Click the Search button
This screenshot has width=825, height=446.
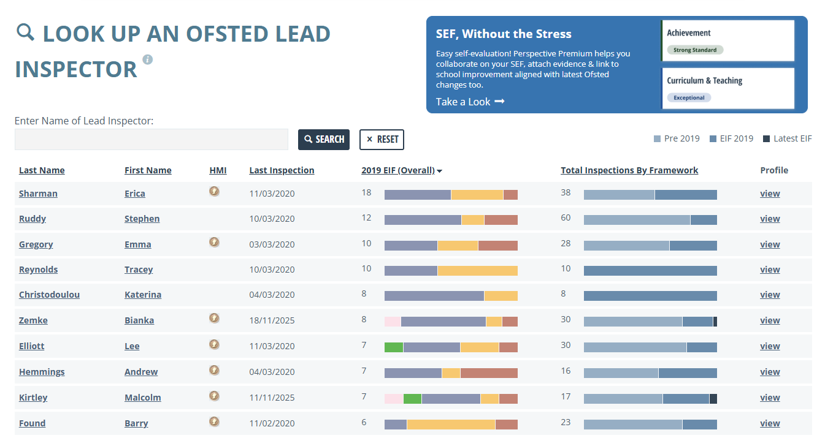(x=324, y=140)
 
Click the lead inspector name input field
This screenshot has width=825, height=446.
(x=152, y=140)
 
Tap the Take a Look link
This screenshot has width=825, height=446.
(x=470, y=102)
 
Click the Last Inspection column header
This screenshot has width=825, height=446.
(x=282, y=170)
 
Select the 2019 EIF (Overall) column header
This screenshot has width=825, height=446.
(x=398, y=170)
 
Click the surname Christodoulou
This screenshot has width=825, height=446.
(x=49, y=295)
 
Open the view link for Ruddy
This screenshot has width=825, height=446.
(x=770, y=219)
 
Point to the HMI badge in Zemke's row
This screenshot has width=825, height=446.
(x=214, y=318)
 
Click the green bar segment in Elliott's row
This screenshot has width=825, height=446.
(x=394, y=347)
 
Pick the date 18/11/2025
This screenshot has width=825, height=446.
(x=272, y=320)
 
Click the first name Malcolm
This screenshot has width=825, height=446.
(x=142, y=398)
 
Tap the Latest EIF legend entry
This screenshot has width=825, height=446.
(x=788, y=138)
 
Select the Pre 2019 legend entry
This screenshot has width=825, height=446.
(x=677, y=138)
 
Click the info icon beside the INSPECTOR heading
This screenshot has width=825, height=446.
(x=148, y=59)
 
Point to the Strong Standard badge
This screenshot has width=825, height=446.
(x=695, y=50)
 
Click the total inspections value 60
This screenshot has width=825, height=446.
(x=566, y=217)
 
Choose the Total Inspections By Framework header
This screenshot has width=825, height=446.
(x=629, y=170)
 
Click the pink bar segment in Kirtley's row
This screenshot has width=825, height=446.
(x=394, y=399)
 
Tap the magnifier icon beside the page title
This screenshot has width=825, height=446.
(x=25, y=32)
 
